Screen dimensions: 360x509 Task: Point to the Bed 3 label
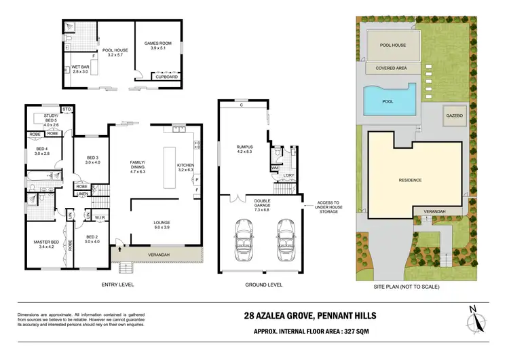pyautogui.click(x=92, y=160)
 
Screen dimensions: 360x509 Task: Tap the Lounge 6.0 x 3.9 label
pyautogui.click(x=162, y=225)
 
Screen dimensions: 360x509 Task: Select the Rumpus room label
pyautogui.click(x=244, y=150)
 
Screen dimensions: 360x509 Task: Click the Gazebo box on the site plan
pyautogui.click(x=453, y=116)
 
